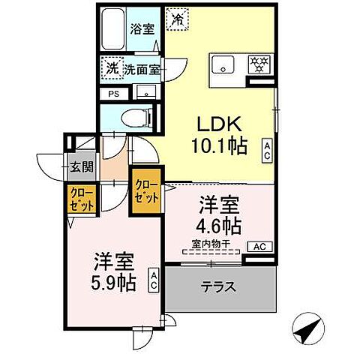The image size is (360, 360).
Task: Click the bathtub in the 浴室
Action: coord(115,29)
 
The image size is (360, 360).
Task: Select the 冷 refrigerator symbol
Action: coord(177,18)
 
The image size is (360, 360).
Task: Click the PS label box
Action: coord(114,94)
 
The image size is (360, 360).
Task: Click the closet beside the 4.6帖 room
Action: coord(147,193)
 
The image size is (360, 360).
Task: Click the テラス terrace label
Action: coord(219,286)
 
